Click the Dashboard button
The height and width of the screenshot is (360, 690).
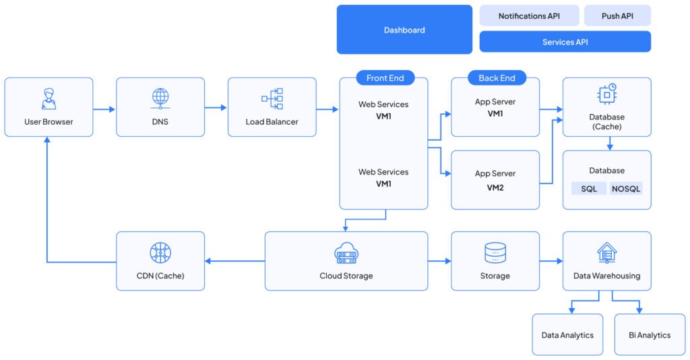tap(404, 30)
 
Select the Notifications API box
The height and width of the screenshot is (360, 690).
tap(529, 16)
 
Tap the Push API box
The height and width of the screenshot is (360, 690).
tap(617, 16)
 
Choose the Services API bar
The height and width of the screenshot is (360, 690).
tap(565, 42)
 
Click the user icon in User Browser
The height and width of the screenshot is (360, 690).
tap(49, 98)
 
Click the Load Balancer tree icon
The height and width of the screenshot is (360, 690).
tap(272, 98)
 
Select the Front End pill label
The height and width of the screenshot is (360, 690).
tap(385, 78)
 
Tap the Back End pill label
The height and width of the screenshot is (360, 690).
tap(497, 78)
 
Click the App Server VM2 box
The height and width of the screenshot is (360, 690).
tap(495, 180)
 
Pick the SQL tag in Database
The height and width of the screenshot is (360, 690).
tap(589, 189)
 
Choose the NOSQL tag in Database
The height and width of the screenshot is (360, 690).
tap(626, 189)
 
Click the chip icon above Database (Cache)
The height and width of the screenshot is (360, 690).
tap(607, 95)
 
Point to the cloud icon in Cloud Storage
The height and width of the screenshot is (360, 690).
tap(346, 253)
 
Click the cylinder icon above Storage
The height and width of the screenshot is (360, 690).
tap(495, 253)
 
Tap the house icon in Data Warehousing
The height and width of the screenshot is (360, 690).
tap(606, 253)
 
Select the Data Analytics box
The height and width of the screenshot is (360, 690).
tap(567, 334)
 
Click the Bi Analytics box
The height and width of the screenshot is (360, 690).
tap(649, 334)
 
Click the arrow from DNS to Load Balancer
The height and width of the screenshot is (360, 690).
tap(216, 107)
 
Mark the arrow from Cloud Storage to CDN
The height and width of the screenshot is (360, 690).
tap(234, 261)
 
